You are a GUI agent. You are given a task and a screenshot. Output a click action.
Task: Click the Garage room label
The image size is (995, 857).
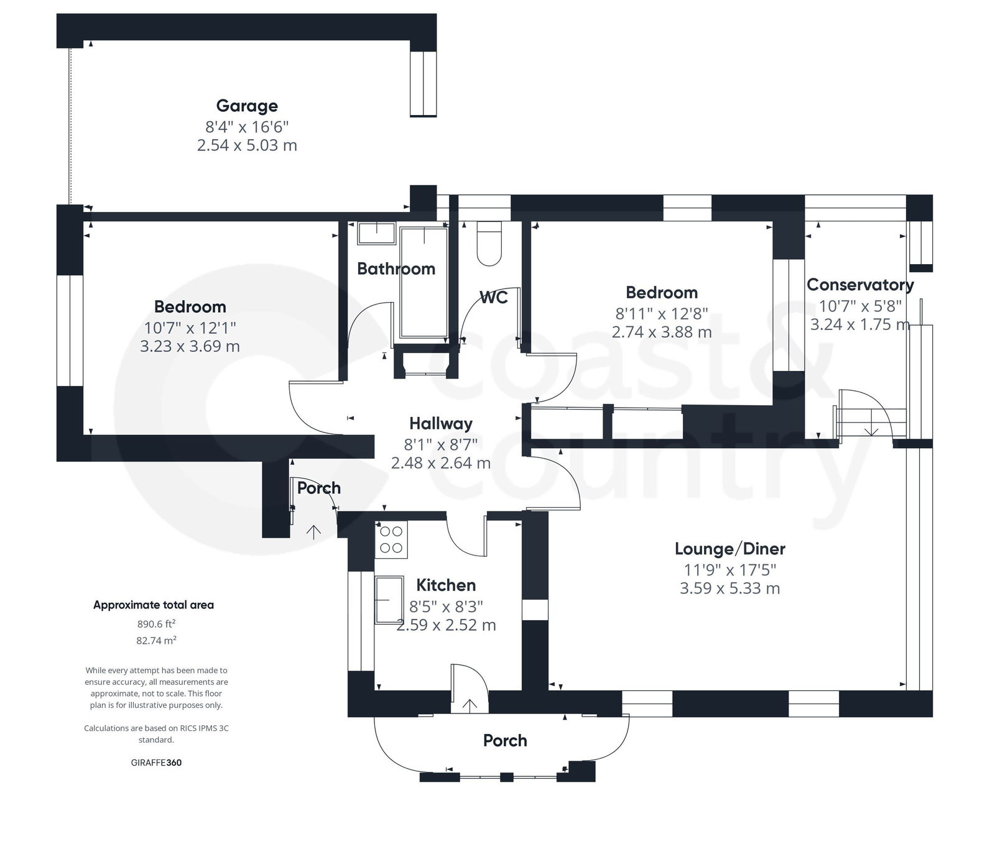[247, 106]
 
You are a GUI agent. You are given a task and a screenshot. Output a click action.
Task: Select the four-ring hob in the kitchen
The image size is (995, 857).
[391, 539]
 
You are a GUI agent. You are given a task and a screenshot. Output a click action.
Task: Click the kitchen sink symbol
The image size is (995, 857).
[389, 599]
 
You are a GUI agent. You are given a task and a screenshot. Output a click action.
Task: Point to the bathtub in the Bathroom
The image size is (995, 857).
[423, 282]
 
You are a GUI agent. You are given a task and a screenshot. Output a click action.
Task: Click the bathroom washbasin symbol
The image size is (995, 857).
[376, 233]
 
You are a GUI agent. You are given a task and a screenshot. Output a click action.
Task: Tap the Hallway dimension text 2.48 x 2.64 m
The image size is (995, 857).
[440, 463]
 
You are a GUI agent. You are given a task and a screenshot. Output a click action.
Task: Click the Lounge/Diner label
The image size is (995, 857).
[729, 549]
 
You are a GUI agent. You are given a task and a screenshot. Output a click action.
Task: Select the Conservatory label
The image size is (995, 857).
[859, 285]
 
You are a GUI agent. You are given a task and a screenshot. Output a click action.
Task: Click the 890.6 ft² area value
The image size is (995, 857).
[156, 624]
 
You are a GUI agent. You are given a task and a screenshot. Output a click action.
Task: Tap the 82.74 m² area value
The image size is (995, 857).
[156, 640]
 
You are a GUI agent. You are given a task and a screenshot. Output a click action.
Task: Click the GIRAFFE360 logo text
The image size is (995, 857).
[156, 763]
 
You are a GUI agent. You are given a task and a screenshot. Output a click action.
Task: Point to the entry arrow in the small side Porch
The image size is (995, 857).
[313, 531]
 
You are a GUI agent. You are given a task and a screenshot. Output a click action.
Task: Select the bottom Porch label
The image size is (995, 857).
[505, 740]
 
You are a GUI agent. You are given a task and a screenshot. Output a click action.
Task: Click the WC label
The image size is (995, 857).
[494, 297]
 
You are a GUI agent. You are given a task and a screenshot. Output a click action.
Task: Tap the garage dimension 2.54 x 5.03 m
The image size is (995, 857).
[247, 145]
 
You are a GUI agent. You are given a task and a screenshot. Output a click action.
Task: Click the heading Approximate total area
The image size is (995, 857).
[154, 605]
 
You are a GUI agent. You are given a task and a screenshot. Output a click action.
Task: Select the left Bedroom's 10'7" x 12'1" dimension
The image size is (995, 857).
[190, 327]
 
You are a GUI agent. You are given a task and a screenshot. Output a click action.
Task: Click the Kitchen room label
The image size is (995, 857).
[446, 585]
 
